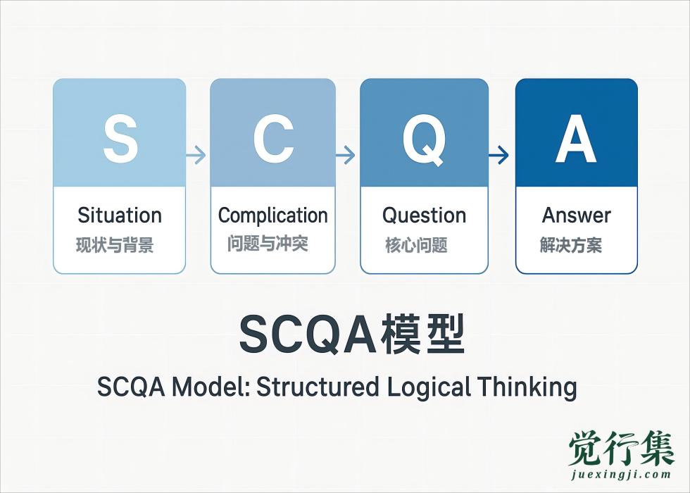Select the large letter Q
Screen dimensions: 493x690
424,138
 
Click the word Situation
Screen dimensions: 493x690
120,215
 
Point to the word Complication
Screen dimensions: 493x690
273,215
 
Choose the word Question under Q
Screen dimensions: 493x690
424,215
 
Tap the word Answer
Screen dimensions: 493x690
576,215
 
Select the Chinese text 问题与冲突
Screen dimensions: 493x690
268,244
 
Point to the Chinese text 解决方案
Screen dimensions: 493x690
571,245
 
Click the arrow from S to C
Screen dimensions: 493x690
198,155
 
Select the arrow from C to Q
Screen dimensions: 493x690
347,155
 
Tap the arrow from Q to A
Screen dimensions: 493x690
500,155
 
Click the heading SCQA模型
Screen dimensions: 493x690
352,335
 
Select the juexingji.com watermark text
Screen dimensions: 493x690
621,475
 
